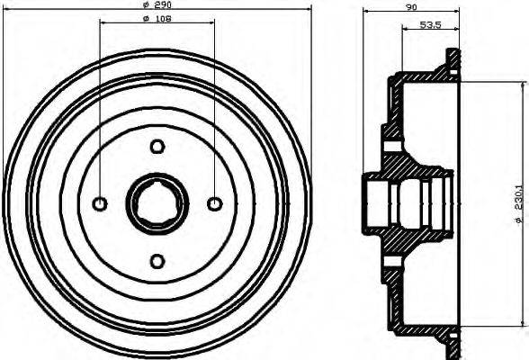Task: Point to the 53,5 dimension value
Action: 431,25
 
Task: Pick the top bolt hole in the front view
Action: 157,147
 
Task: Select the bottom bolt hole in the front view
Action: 157,261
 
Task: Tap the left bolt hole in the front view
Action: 101,204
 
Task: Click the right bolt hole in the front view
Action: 214,204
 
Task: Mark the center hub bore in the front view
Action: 157,204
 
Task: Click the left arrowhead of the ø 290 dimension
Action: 8,12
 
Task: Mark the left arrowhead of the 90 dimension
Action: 367,12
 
